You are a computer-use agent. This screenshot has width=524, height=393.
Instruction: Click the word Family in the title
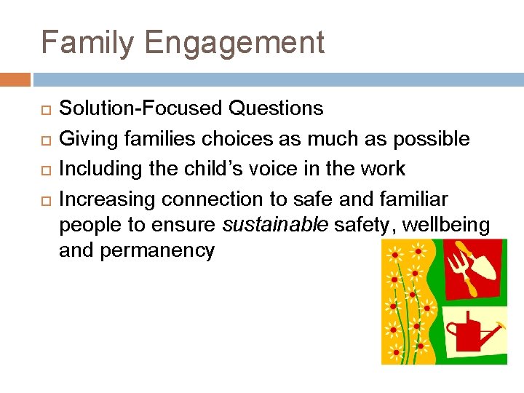coord(87,43)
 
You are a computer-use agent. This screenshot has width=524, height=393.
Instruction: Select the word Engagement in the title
coord(234,44)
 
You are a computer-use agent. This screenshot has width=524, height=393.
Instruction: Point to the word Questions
coord(276,108)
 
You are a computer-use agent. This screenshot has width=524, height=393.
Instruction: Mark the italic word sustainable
coord(275,226)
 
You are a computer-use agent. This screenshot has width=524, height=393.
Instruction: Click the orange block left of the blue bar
coord(15,79)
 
